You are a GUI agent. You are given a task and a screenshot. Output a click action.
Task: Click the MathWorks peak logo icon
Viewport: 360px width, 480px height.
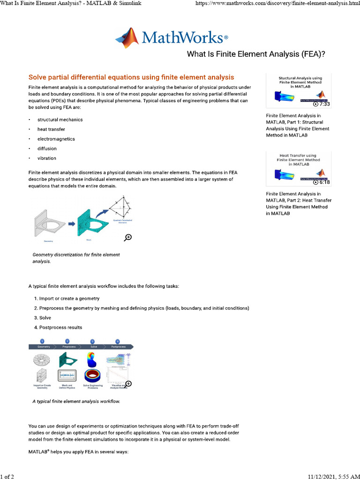(127, 38)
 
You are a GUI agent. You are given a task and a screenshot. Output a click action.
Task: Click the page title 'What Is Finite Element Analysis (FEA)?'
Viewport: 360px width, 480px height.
(256, 54)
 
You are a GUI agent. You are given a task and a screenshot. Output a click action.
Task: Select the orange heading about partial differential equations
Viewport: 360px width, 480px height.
(131, 77)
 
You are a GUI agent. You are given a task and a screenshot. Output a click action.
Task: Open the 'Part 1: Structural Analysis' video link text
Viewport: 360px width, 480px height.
(298, 125)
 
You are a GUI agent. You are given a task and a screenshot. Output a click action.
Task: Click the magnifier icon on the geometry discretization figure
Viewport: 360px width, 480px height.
(127, 238)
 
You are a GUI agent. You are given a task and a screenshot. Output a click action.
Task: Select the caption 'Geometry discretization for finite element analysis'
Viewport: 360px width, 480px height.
(76, 258)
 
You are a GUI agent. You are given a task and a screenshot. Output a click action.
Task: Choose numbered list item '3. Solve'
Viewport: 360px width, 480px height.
(42, 318)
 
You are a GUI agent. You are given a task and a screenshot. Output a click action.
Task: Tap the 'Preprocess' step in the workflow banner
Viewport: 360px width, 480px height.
(67, 347)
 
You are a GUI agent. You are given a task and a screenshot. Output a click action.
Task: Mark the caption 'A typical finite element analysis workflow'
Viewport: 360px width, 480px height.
(76, 402)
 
